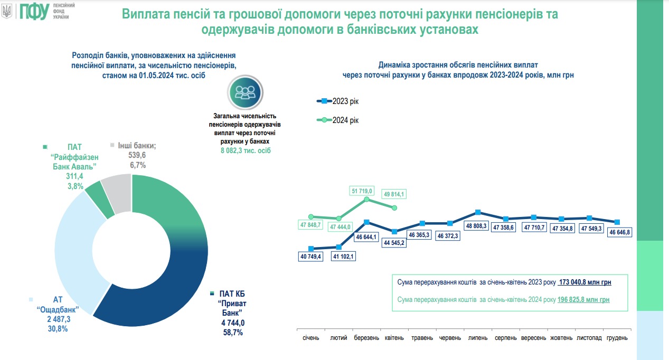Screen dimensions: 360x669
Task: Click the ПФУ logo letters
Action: pyautogui.click(x=33, y=12)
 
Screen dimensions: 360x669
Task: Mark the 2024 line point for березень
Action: pyautogui.click(x=366, y=200)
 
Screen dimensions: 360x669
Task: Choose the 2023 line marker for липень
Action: pyautogui.click(x=477, y=212)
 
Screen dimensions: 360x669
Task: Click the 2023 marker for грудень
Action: pyautogui.click(x=617, y=222)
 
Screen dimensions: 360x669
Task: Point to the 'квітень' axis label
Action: pyautogui.click(x=394, y=338)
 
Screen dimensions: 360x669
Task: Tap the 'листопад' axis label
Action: pyautogui.click(x=589, y=338)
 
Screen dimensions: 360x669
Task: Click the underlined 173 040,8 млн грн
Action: pyautogui.click(x=585, y=282)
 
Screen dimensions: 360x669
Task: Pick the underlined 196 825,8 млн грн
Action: pyautogui.click(x=583, y=299)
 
